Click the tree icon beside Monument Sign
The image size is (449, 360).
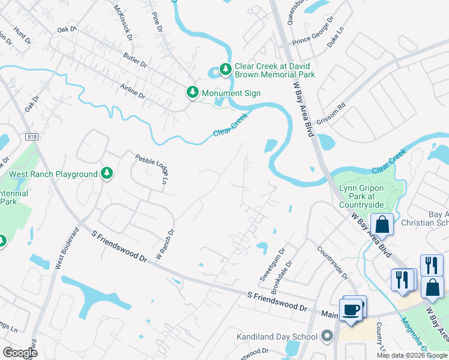(192, 92)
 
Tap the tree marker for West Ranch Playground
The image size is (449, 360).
(107, 173)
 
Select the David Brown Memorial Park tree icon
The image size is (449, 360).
(226, 70)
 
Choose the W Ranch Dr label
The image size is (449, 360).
(165, 244)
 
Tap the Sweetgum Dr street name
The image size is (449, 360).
(280, 262)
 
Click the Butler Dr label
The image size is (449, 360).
(135, 59)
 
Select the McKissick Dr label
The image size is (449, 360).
(122, 23)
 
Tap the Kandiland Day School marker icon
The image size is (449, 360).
(327, 336)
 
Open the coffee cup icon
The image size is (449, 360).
(351, 310)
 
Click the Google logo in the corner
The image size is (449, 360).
(20, 353)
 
